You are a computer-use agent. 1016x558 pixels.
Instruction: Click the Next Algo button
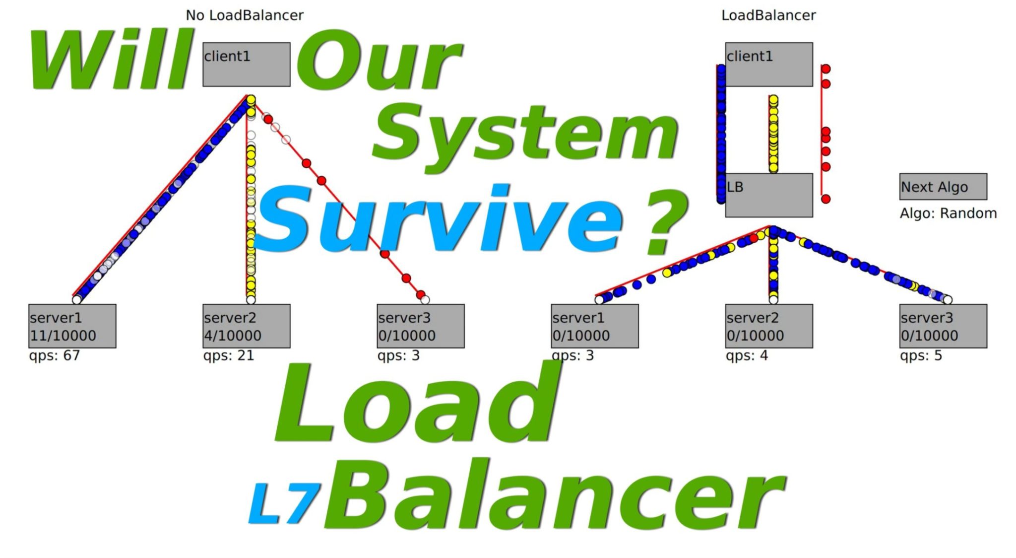(x=943, y=187)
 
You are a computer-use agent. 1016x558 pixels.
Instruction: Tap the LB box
(x=768, y=195)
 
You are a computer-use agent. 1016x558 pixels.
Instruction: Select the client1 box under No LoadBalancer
(x=246, y=65)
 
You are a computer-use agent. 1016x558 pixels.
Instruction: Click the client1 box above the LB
(x=768, y=65)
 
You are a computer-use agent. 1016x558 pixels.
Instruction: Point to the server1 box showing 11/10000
(x=72, y=326)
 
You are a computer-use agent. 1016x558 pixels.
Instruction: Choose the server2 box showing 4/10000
(x=246, y=326)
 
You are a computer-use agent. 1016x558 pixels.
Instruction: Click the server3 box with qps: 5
(x=943, y=326)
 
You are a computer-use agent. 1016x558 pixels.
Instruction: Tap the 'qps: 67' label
(x=54, y=355)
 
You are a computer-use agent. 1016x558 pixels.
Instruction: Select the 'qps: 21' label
(x=228, y=355)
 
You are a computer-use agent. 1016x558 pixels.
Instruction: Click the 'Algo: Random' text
(x=948, y=213)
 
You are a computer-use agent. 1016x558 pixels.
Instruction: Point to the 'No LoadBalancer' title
(x=244, y=15)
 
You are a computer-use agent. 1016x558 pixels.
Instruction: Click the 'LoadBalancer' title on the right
(x=768, y=15)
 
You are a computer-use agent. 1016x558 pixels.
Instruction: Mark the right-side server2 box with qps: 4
(x=768, y=326)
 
